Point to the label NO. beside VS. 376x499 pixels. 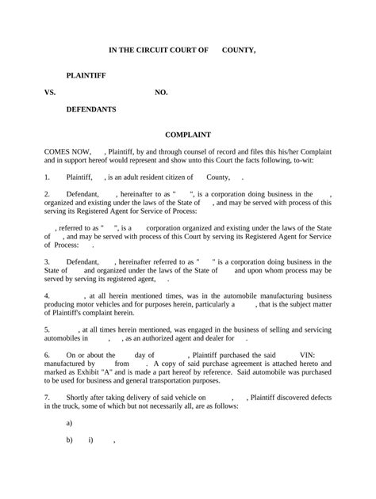point(161,93)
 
